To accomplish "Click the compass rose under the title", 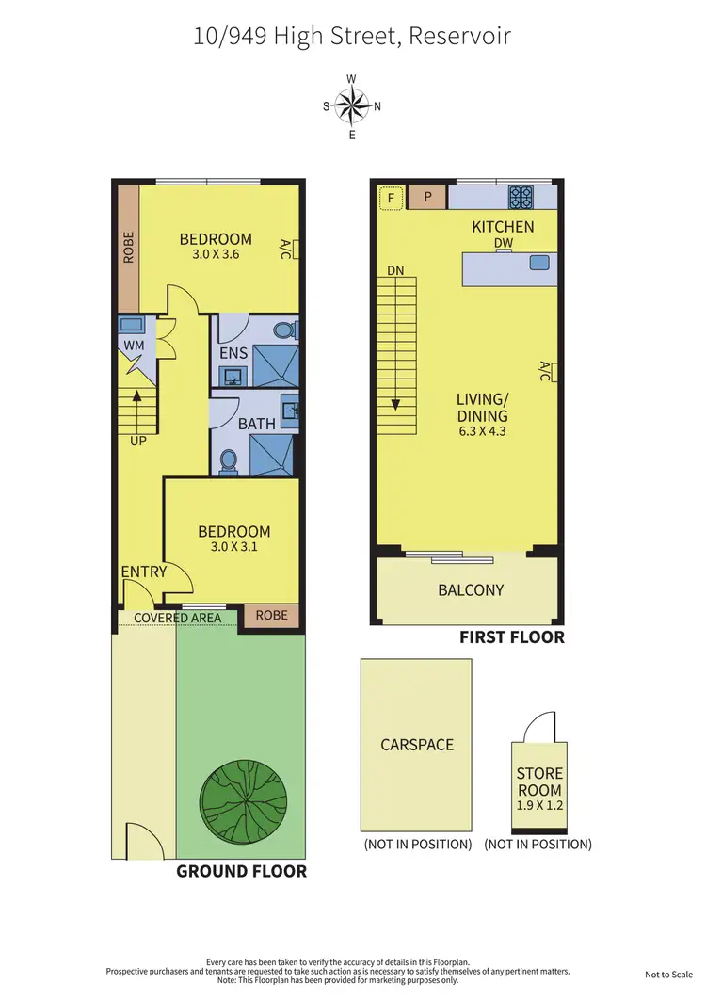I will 352,105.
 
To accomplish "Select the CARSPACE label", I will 416,745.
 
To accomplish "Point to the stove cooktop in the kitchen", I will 521,197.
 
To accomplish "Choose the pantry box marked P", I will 427,198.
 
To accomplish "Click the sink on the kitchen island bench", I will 538,263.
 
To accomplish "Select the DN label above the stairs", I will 395,271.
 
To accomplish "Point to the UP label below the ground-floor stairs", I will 138,440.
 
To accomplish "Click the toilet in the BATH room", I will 227,461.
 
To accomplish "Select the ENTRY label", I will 143,572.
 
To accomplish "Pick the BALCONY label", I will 471,590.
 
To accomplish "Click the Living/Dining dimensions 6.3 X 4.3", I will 482,431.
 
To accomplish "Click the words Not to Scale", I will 669,975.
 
